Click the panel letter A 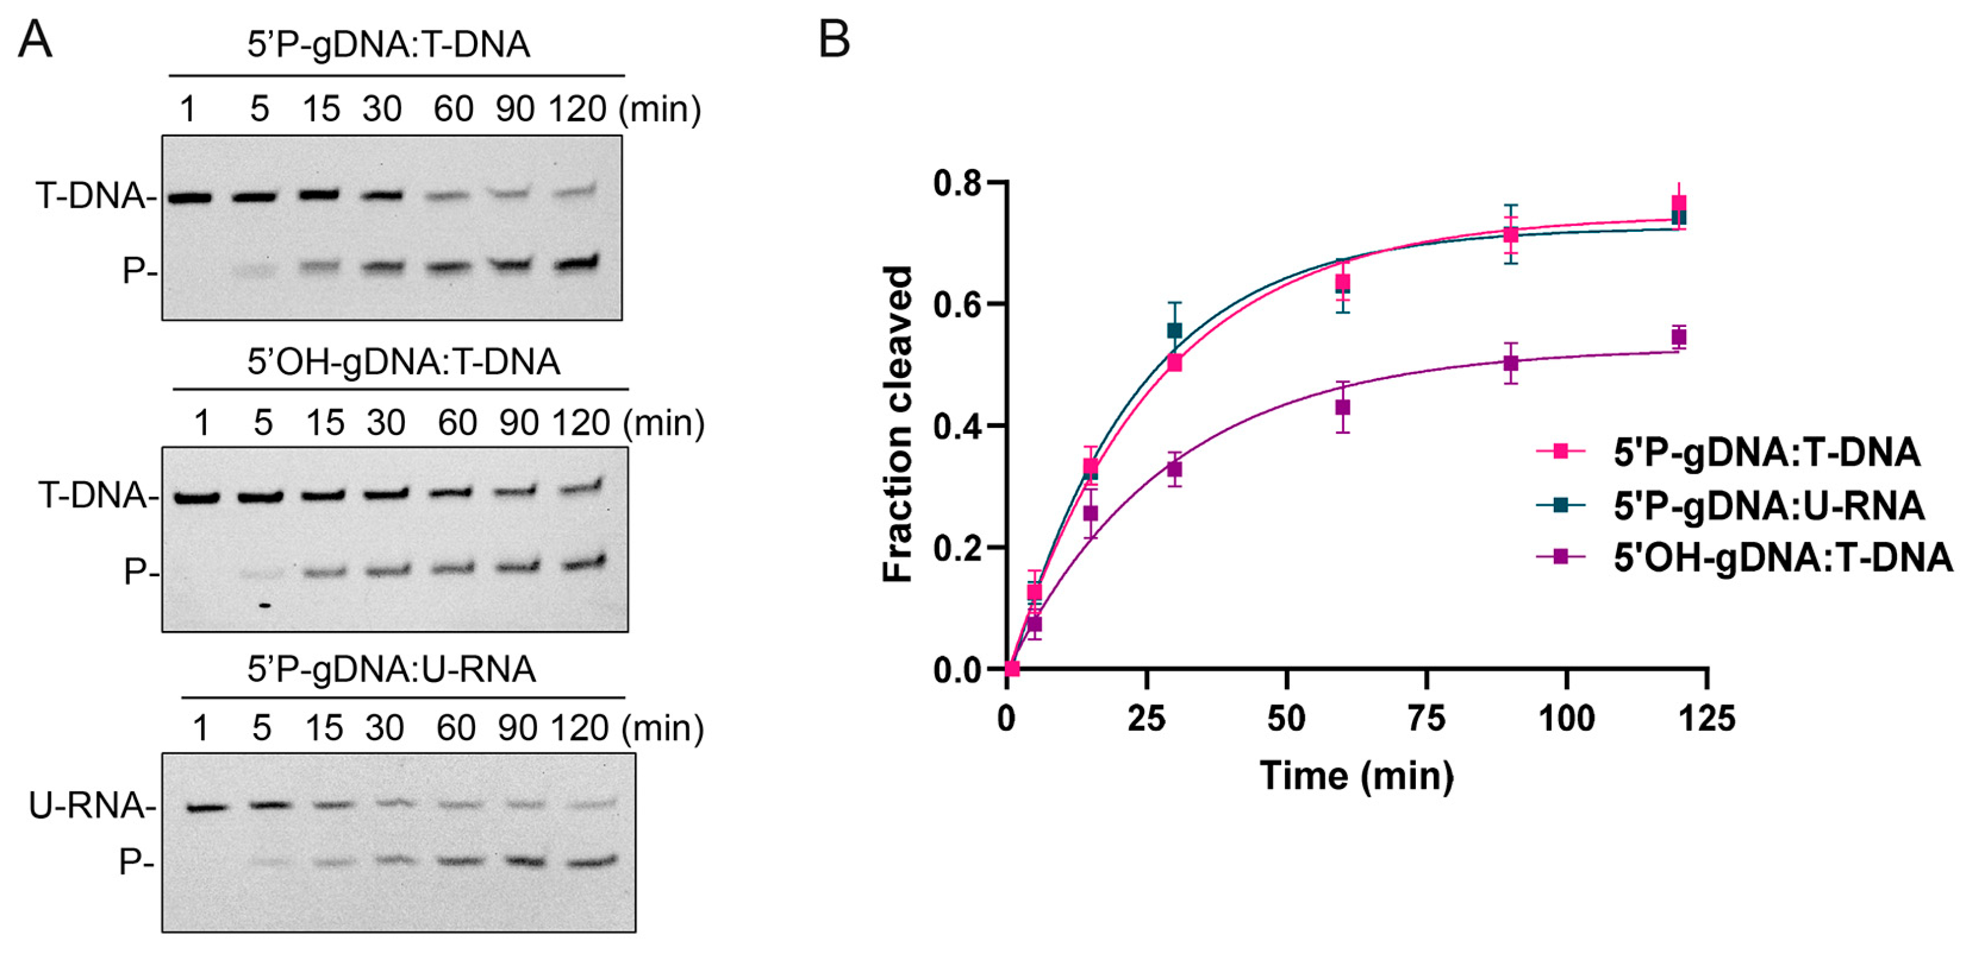(34, 40)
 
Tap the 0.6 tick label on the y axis (957, 305)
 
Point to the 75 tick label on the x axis (1427, 719)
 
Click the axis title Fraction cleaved (898, 425)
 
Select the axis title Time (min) (1357, 776)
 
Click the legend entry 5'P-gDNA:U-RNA (1768, 505)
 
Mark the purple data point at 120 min (1678, 336)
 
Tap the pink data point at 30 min (1174, 364)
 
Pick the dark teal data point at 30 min (1174, 330)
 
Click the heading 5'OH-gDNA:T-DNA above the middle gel (403, 362)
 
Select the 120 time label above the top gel (577, 109)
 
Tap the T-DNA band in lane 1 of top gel (189, 198)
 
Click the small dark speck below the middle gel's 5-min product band (265, 606)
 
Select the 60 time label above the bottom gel (456, 728)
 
